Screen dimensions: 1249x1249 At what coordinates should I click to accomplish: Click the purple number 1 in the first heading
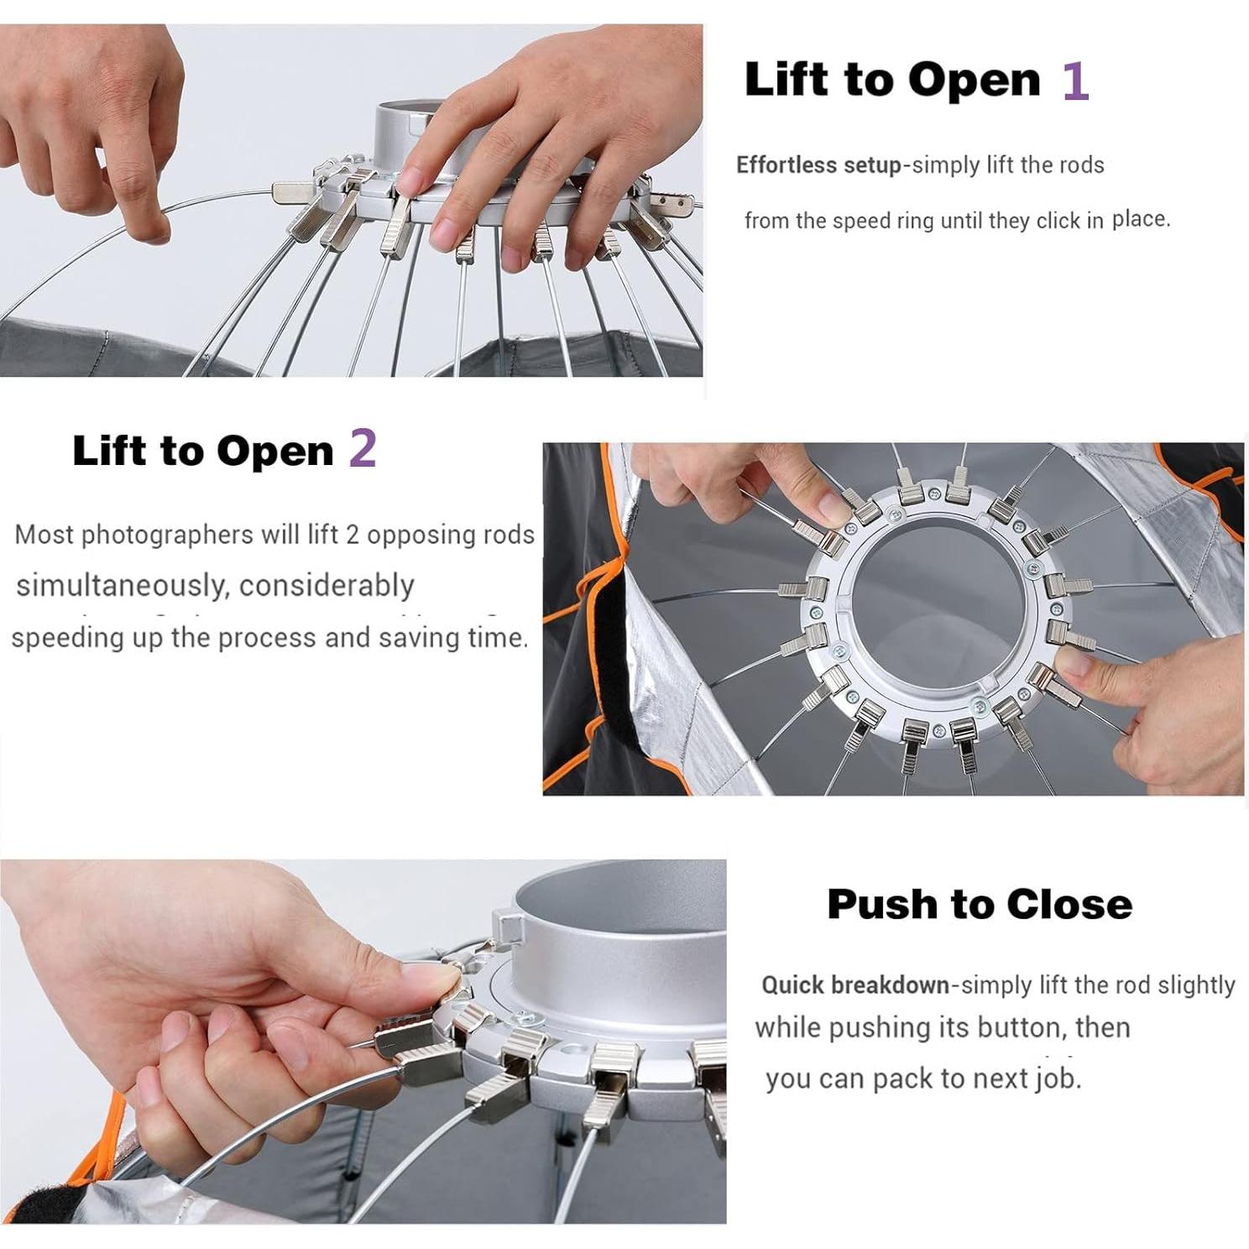[x=1075, y=81]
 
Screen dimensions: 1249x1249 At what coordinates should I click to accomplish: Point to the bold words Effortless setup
[x=818, y=165]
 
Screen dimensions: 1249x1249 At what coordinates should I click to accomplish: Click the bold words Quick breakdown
[x=855, y=985]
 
